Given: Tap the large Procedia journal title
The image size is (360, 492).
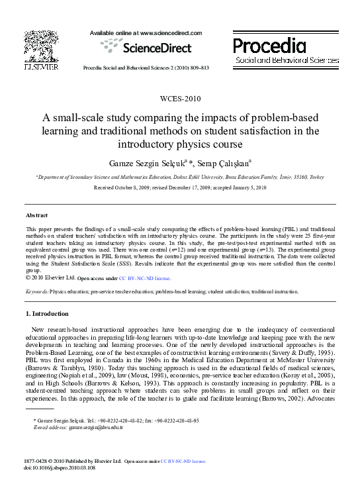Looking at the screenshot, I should [269, 46].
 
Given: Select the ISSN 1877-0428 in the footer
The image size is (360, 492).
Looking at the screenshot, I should [38, 460].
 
